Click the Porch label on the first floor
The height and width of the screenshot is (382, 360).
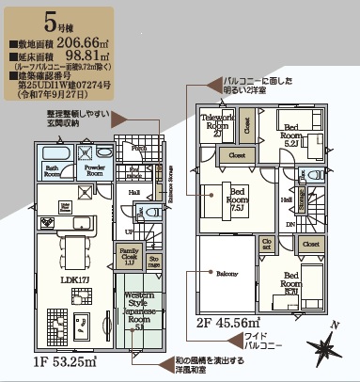137,150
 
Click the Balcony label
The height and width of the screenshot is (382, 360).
226,274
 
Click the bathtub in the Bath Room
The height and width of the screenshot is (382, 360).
53,152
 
